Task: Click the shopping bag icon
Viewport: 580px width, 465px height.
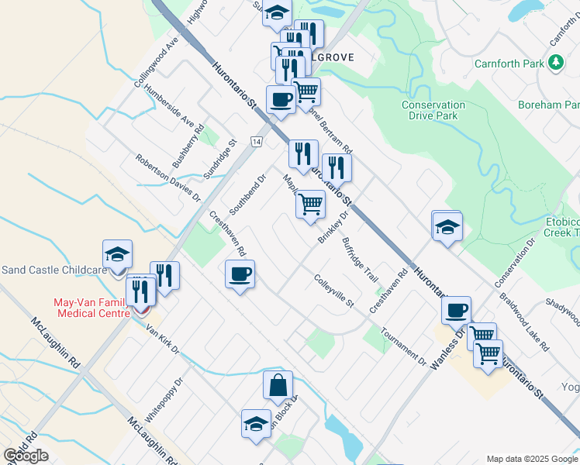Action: (278, 385)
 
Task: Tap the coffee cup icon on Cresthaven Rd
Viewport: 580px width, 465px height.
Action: (240, 274)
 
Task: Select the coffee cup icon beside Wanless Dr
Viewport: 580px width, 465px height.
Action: (456, 310)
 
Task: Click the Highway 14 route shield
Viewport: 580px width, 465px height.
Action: (256, 141)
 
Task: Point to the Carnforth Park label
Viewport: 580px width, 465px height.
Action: (509, 64)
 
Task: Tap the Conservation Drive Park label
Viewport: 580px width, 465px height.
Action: (433, 110)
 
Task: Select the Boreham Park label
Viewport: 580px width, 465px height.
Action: (550, 104)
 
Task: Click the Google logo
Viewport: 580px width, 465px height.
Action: (26, 456)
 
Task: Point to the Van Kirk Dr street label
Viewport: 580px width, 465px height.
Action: (163, 339)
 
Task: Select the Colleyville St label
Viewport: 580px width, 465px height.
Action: (333, 291)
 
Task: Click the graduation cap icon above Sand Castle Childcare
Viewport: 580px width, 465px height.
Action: (117, 253)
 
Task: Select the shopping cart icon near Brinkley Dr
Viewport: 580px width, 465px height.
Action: (310, 205)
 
